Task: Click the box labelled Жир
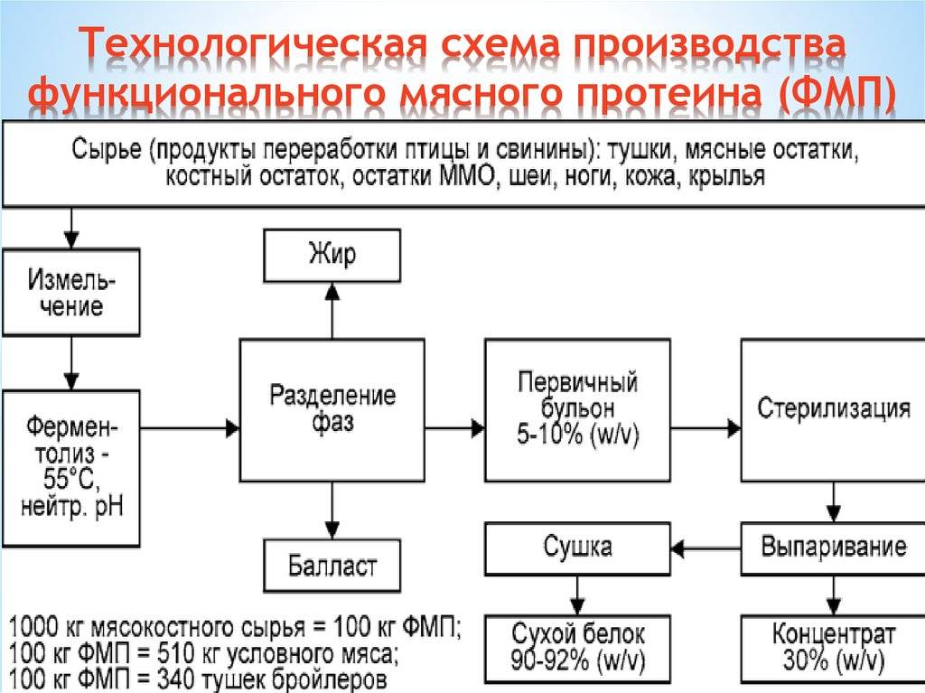(x=332, y=255)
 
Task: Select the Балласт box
(x=332, y=566)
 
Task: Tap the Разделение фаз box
(x=332, y=409)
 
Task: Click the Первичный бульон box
(x=577, y=409)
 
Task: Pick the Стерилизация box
(x=832, y=407)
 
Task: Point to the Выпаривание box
(x=832, y=548)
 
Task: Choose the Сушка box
(x=577, y=547)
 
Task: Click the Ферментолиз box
(x=71, y=467)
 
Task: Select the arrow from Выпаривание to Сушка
(x=705, y=548)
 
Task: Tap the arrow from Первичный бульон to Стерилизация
(x=705, y=426)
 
